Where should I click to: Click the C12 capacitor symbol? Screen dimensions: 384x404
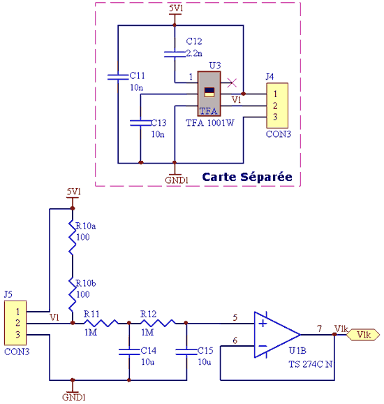(x=175, y=54)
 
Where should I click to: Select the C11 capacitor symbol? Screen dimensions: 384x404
(x=118, y=77)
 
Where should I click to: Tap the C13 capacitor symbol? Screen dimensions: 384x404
(x=140, y=122)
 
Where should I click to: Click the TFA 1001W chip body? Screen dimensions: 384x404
(x=209, y=94)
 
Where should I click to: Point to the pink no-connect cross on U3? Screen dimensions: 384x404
(x=232, y=82)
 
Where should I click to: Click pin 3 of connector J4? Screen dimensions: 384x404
(x=275, y=117)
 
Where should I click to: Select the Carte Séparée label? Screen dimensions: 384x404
(x=247, y=177)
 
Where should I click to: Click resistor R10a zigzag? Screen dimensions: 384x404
(x=73, y=237)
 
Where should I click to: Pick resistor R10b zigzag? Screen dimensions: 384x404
(x=73, y=294)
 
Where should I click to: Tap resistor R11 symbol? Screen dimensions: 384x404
(x=101, y=323)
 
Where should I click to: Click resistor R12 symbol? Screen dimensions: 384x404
(x=158, y=323)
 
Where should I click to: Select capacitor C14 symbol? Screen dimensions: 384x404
(x=129, y=352)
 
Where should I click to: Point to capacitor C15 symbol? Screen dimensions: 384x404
(x=186, y=352)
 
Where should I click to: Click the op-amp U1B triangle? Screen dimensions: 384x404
(x=277, y=335)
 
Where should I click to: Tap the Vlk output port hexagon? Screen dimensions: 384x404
(x=363, y=335)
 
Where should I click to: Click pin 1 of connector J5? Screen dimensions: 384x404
(x=17, y=312)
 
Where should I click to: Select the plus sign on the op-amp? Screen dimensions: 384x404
(x=263, y=323)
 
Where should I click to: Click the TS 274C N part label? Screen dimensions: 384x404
(x=311, y=364)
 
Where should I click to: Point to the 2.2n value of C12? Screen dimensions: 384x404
(x=194, y=53)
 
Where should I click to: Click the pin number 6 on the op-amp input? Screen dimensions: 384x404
(x=235, y=340)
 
